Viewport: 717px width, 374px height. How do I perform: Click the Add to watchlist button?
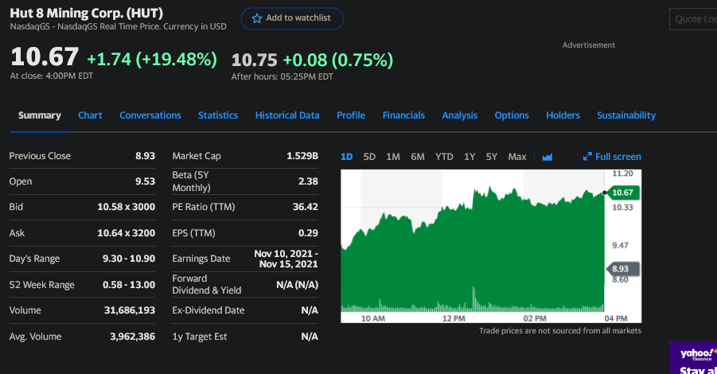pyautogui.click(x=292, y=18)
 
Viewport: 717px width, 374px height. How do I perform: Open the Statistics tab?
pyautogui.click(x=218, y=115)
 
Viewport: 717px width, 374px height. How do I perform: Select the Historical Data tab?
pyautogui.click(x=287, y=115)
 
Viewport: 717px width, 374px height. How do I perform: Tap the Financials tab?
pyautogui.click(x=403, y=115)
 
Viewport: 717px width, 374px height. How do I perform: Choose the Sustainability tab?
pyautogui.click(x=626, y=115)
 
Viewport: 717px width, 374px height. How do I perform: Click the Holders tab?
pyautogui.click(x=563, y=115)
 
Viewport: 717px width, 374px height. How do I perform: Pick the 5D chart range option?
pyautogui.click(x=369, y=157)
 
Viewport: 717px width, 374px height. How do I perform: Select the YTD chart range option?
pyautogui.click(x=444, y=157)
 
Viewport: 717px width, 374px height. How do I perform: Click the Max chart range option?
pyautogui.click(x=517, y=157)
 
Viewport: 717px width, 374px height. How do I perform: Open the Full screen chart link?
pyautogui.click(x=613, y=157)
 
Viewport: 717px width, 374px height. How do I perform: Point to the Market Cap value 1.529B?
pyautogui.click(x=302, y=156)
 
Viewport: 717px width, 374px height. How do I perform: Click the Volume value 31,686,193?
pyautogui.click(x=130, y=310)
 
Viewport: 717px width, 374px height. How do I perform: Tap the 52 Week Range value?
pyautogui.click(x=129, y=285)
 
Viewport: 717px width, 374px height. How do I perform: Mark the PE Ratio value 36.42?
pyautogui.click(x=305, y=207)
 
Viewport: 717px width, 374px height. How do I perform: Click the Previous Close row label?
pyautogui.click(x=40, y=156)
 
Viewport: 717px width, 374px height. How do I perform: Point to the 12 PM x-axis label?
pyautogui.click(x=454, y=318)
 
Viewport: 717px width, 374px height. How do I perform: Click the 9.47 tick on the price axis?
pyautogui.click(x=622, y=245)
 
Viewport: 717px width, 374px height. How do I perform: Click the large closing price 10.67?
pyautogui.click(x=45, y=57)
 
